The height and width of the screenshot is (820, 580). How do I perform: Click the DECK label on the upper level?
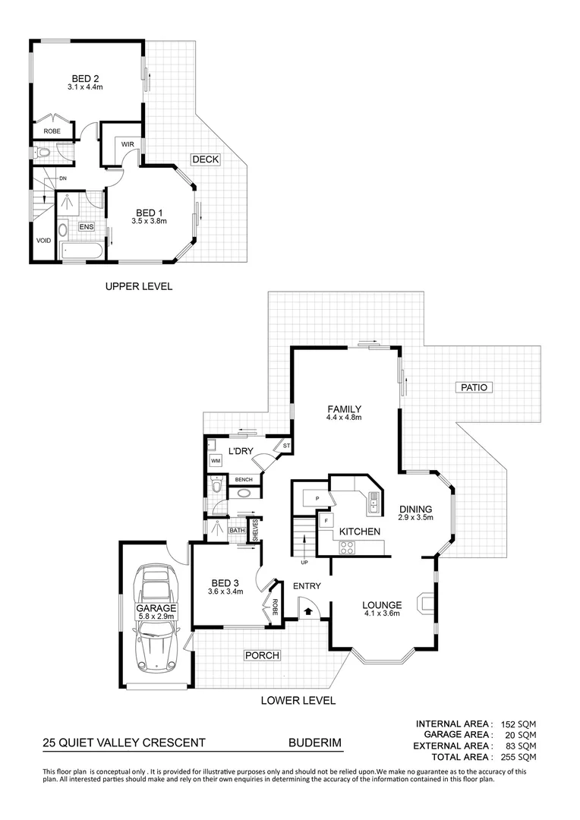tap(205, 159)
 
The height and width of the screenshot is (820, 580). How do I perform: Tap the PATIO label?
tap(475, 387)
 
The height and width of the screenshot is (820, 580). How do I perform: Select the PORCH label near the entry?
tap(262, 655)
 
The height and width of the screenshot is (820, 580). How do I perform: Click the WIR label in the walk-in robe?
tap(127, 144)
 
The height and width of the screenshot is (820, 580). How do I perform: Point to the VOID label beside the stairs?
tap(43, 241)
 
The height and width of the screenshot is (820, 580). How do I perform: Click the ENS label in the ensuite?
tap(86, 227)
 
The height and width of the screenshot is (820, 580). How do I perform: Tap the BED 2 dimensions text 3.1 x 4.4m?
tap(84, 87)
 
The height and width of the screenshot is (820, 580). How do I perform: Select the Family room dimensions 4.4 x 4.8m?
tap(343, 418)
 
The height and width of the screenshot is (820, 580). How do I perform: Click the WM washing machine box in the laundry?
tap(216, 461)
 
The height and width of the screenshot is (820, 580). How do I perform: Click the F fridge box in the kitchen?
tap(326, 522)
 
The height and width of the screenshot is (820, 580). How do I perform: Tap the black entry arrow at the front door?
tap(309, 609)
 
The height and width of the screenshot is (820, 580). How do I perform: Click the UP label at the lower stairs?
tap(305, 563)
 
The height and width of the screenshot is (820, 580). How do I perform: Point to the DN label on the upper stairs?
tap(63, 178)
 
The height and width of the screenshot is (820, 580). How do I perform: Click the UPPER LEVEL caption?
tap(138, 286)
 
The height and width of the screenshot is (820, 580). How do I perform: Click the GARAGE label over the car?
tap(156, 608)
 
